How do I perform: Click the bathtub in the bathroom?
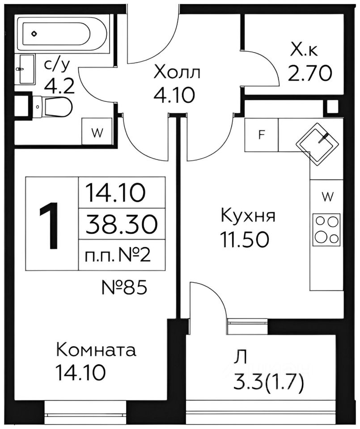(x=63, y=33)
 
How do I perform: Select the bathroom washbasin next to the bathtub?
(x=27, y=69)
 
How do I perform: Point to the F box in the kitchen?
(x=262, y=135)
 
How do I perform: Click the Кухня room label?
(x=248, y=216)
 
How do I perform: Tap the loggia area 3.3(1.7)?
(x=269, y=382)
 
